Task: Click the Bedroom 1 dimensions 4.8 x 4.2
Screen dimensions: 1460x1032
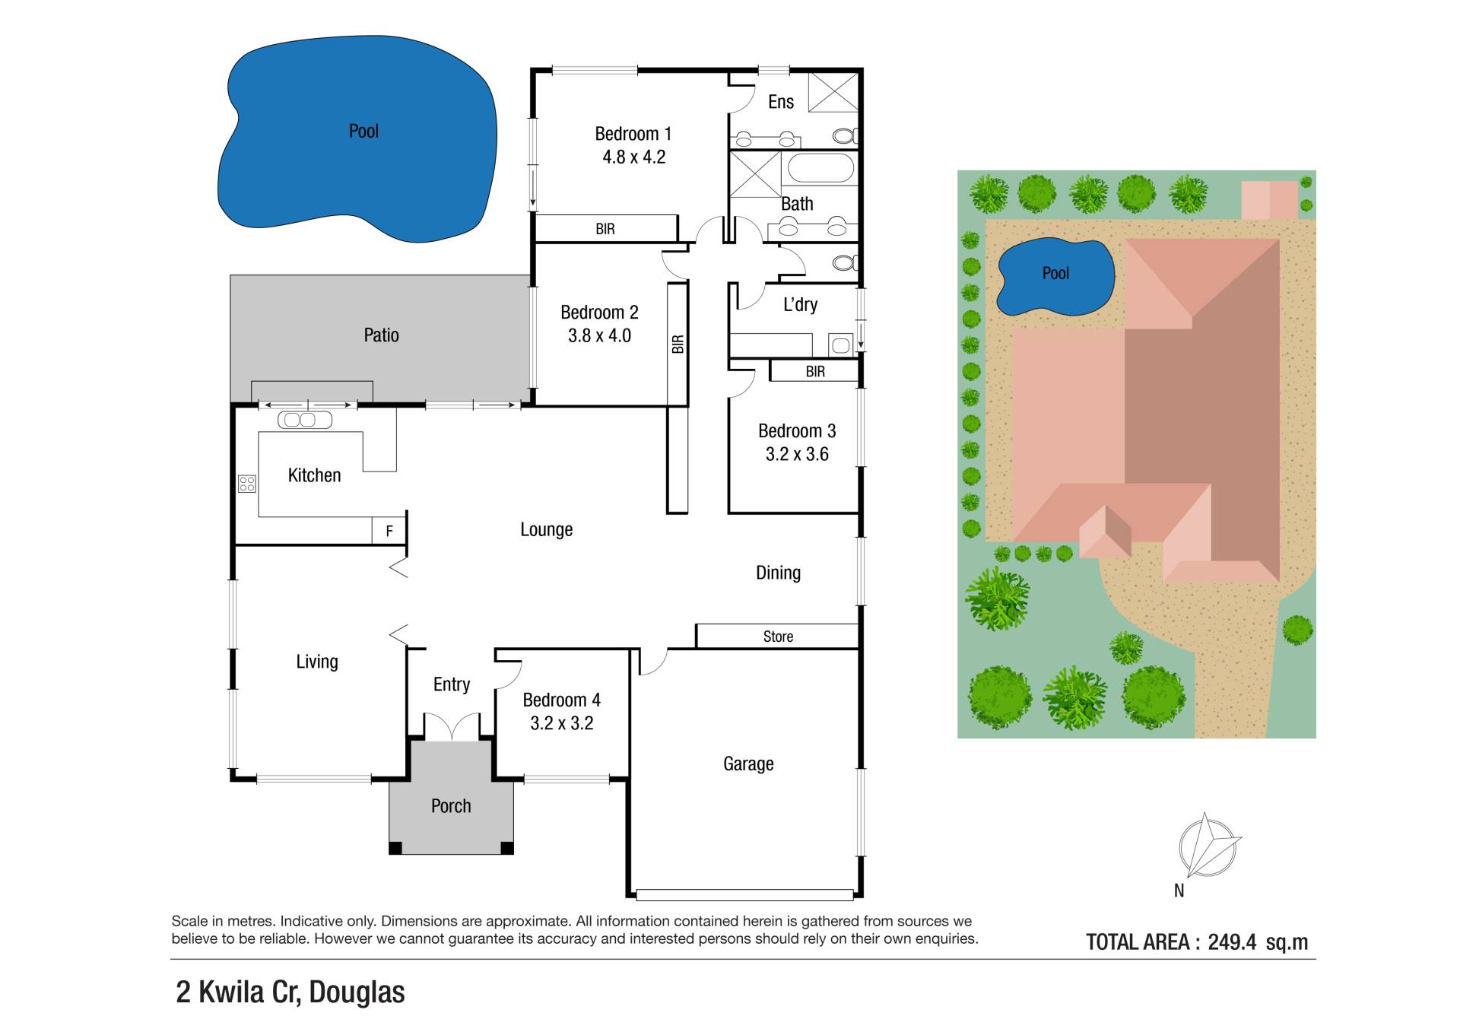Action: click(x=633, y=157)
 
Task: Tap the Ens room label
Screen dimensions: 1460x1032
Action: click(x=780, y=102)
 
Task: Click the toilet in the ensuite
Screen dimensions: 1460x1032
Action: click(x=845, y=136)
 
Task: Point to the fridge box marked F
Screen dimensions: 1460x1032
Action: click(x=389, y=531)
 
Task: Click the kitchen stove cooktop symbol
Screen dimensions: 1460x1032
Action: click(x=247, y=483)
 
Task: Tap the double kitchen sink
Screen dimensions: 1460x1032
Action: click(x=305, y=420)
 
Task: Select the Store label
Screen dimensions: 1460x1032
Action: click(x=778, y=637)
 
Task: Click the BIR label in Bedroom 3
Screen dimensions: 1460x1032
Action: click(x=815, y=372)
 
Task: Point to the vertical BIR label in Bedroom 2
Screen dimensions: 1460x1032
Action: click(x=678, y=345)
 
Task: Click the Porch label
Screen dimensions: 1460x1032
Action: click(x=451, y=806)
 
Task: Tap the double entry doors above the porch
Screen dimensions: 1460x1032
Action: click(x=452, y=726)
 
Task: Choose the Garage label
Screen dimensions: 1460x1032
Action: click(x=748, y=764)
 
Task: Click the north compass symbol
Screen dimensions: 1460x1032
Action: click(x=1208, y=846)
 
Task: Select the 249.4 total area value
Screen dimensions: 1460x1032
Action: click(x=1232, y=942)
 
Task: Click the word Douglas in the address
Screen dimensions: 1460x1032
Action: click(x=357, y=992)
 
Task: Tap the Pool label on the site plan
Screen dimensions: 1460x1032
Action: click(x=1055, y=273)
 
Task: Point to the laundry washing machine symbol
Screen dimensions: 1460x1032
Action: click(x=840, y=345)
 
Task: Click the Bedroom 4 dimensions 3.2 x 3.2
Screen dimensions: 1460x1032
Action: click(x=561, y=723)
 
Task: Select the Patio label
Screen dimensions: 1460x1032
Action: click(x=381, y=335)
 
